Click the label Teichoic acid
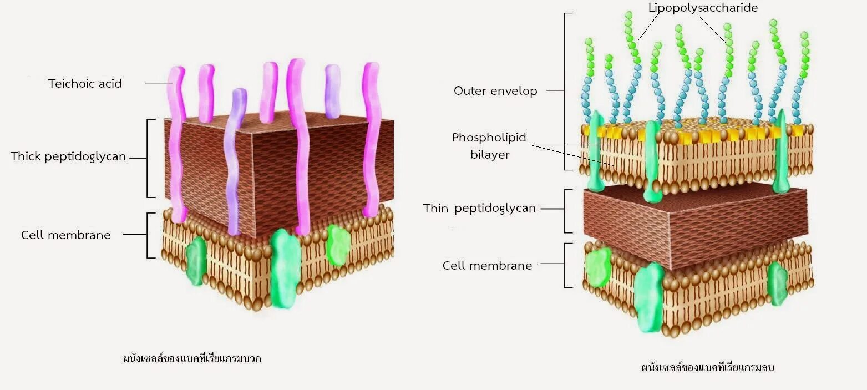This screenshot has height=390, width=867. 85,84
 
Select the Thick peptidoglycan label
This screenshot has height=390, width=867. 68,157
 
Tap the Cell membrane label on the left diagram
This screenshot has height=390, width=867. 65,235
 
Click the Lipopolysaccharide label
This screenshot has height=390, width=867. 703,8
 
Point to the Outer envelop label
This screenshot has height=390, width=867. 495,91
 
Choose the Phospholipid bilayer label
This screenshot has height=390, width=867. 489,146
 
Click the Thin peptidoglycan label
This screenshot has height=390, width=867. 479,209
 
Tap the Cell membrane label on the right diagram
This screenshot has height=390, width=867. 487,266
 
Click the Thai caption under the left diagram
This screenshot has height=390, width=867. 192,358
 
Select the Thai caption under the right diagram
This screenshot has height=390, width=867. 707,367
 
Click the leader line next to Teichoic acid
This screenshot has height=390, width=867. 159,84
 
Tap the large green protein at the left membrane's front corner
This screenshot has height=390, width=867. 285,267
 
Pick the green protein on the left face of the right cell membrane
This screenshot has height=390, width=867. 598,268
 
